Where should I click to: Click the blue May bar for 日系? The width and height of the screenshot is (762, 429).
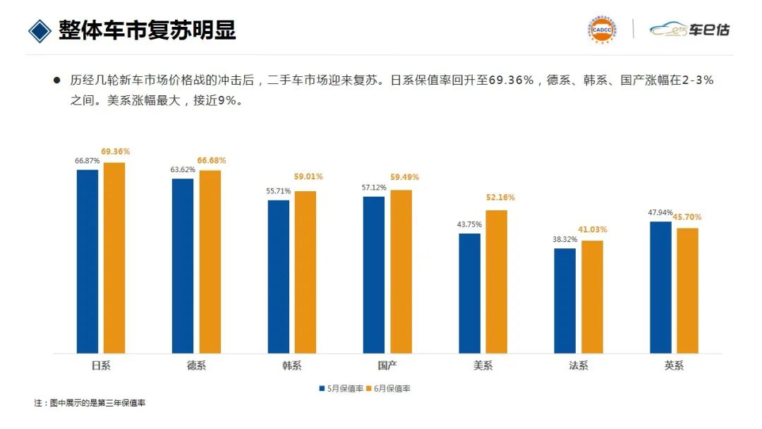[x=87, y=261]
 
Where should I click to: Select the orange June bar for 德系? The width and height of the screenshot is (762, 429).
[x=210, y=261]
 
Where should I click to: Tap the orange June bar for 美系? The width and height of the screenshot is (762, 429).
[x=496, y=282]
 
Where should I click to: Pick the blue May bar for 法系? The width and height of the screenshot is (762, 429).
[x=564, y=301]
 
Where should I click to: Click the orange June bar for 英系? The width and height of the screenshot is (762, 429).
[x=687, y=290]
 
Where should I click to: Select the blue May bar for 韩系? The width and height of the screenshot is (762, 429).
[x=279, y=277]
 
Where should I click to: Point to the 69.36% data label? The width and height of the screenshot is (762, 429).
[x=115, y=152]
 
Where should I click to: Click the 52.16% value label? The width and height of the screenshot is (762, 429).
[x=500, y=198]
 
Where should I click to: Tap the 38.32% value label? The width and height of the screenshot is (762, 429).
[x=564, y=239]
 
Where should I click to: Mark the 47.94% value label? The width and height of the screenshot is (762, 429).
[x=660, y=212]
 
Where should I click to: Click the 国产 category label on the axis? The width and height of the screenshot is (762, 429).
[x=387, y=365]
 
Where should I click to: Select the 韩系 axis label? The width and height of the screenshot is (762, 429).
[x=291, y=365]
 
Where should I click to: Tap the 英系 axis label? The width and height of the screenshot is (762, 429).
[x=674, y=365]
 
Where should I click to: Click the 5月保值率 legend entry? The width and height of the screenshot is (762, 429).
[x=341, y=388]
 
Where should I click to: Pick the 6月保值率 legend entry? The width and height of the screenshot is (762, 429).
[x=390, y=388]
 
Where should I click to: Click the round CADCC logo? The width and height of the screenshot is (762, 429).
[x=601, y=29]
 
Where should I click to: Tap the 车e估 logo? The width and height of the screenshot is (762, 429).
[x=689, y=30]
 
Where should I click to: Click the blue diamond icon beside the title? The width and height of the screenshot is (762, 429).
[x=40, y=30]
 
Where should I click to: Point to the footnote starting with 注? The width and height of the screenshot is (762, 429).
[x=90, y=403]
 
